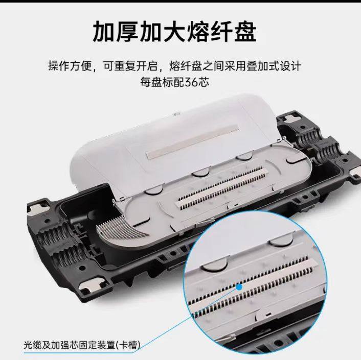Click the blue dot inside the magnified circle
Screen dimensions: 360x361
[x=239, y=287]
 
